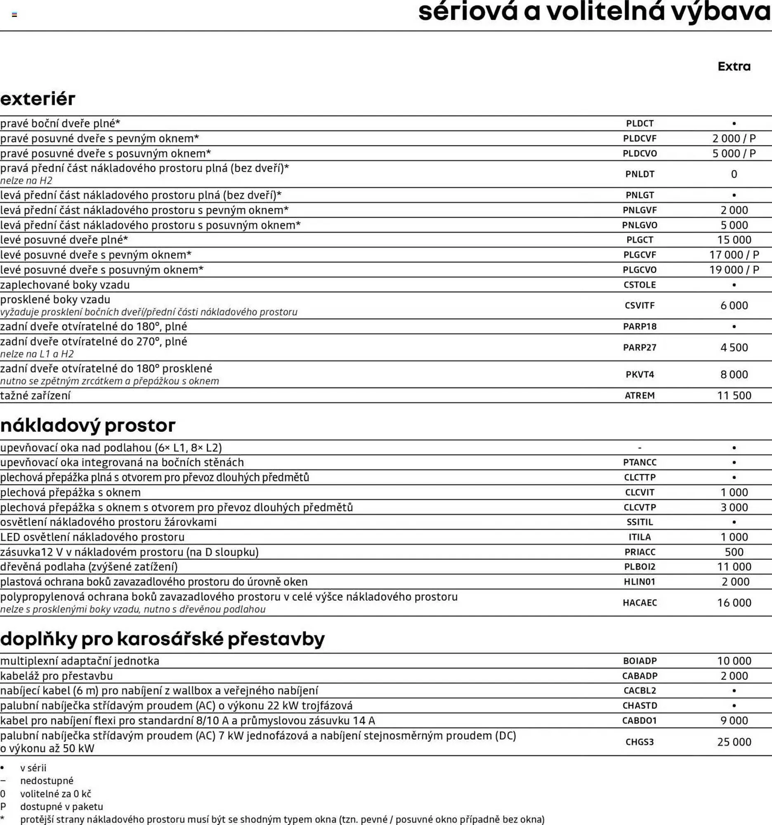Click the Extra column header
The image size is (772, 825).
coord(734,66)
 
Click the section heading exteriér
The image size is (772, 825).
coord(38,99)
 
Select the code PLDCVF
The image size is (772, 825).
coord(640,139)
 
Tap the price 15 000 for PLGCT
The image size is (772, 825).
coord(734,240)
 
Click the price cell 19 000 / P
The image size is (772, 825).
coord(734,270)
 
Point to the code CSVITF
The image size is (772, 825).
coord(640,305)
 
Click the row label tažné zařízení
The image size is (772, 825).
coord(35,396)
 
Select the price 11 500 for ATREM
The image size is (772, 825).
coord(734,396)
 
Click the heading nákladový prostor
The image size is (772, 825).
coord(88,425)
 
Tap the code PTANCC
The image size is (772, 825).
coord(640,462)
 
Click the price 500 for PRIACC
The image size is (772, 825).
coord(734,552)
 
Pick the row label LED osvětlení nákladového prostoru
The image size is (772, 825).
coord(92,537)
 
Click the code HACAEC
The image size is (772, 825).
coord(640,603)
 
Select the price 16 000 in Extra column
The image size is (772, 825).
coord(734,603)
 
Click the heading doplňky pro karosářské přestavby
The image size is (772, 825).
coord(162,639)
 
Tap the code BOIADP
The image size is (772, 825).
coord(640,661)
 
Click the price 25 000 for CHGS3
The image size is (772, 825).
coord(734,742)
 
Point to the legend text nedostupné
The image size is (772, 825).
coord(47,780)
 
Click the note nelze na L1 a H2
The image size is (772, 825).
coord(37,354)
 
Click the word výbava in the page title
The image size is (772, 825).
coord(720,12)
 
